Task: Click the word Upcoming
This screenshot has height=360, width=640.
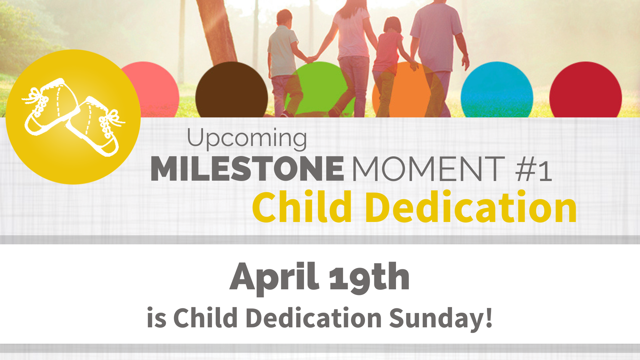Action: point(247,138)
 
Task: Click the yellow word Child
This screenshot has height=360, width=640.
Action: point(302,207)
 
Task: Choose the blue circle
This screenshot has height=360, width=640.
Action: point(497,90)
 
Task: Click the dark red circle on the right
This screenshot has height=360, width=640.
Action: point(585,90)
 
